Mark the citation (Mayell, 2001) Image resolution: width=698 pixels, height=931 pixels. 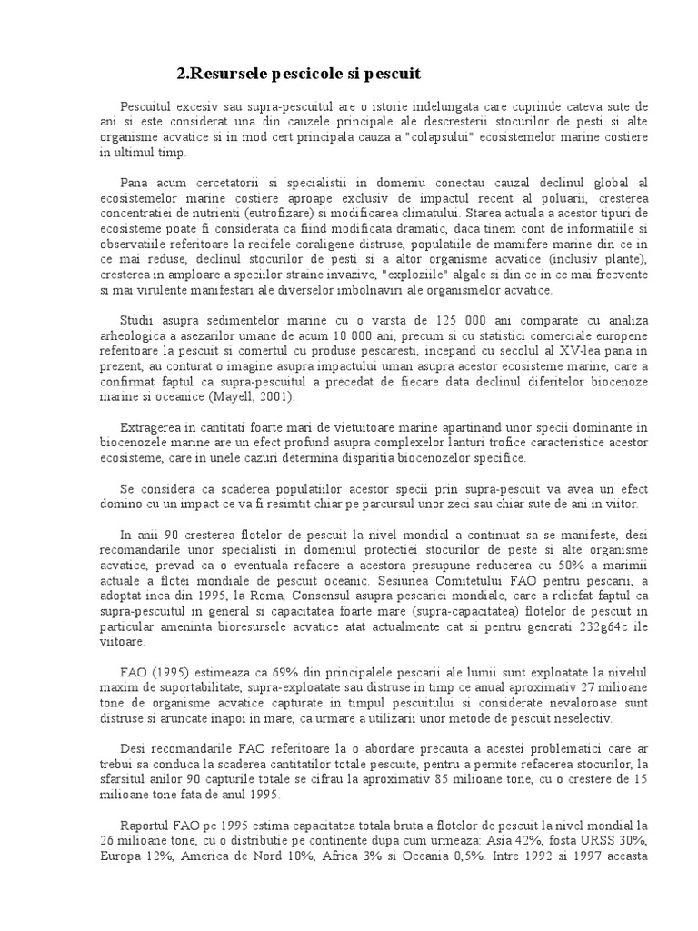tap(258, 397)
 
